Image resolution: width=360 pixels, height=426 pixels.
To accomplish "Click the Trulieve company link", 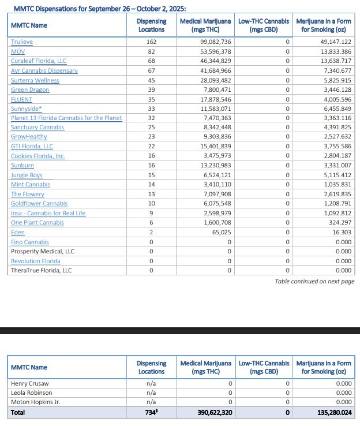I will (22, 42).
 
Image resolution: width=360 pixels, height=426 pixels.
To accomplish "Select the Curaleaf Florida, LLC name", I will (39, 61).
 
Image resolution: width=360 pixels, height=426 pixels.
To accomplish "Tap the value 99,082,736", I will (216, 42).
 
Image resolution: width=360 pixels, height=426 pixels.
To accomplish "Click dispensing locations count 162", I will (152, 42).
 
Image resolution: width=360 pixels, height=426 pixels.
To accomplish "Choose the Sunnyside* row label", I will (26, 109).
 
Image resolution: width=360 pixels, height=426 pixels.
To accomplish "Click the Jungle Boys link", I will (27, 175).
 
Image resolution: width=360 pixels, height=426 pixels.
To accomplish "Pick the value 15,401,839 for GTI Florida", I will (216, 147).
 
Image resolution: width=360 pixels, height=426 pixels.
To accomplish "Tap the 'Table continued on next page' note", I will (314, 281).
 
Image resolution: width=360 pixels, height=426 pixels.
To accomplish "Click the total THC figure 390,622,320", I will (212, 413).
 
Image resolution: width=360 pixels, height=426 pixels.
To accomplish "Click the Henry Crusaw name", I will (30, 383).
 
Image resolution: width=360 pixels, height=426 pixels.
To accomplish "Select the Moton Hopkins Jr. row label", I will (36, 402).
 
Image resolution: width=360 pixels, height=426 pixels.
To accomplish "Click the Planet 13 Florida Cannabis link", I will (66, 118).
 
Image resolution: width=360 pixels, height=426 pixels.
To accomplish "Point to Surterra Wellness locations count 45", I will (151, 80).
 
